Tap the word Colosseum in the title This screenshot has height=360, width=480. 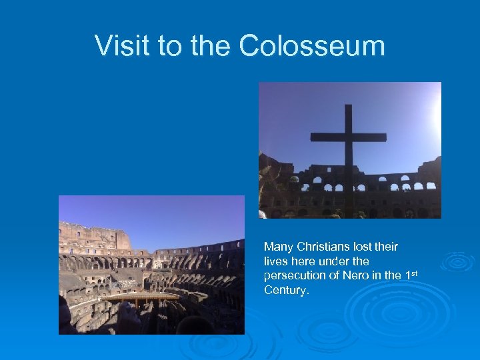(x=311, y=46)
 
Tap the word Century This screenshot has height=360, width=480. (x=285, y=291)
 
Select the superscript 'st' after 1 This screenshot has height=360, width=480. (x=413, y=273)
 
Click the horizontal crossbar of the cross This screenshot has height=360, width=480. (x=348, y=137)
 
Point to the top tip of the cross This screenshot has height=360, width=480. (x=348, y=107)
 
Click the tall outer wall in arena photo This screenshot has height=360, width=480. (x=93, y=237)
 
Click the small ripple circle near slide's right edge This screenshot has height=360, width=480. (x=459, y=261)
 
